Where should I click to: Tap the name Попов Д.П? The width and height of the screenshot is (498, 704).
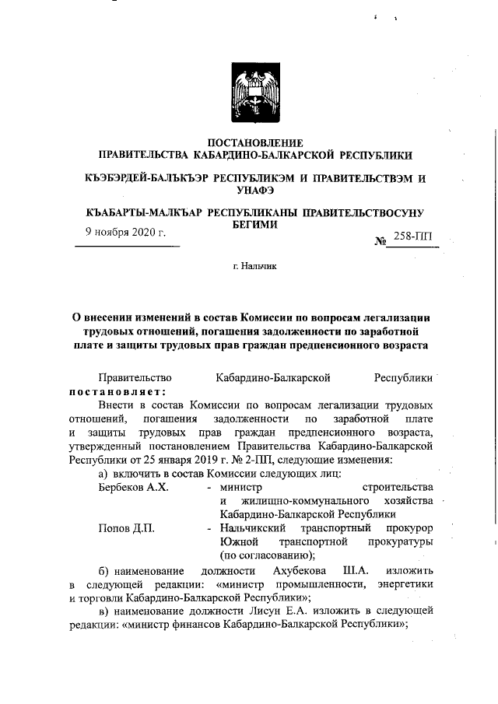pos(126,528)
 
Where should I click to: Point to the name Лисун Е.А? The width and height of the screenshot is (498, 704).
pos(311,611)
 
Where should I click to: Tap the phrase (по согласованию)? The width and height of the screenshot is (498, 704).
pos(267,555)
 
